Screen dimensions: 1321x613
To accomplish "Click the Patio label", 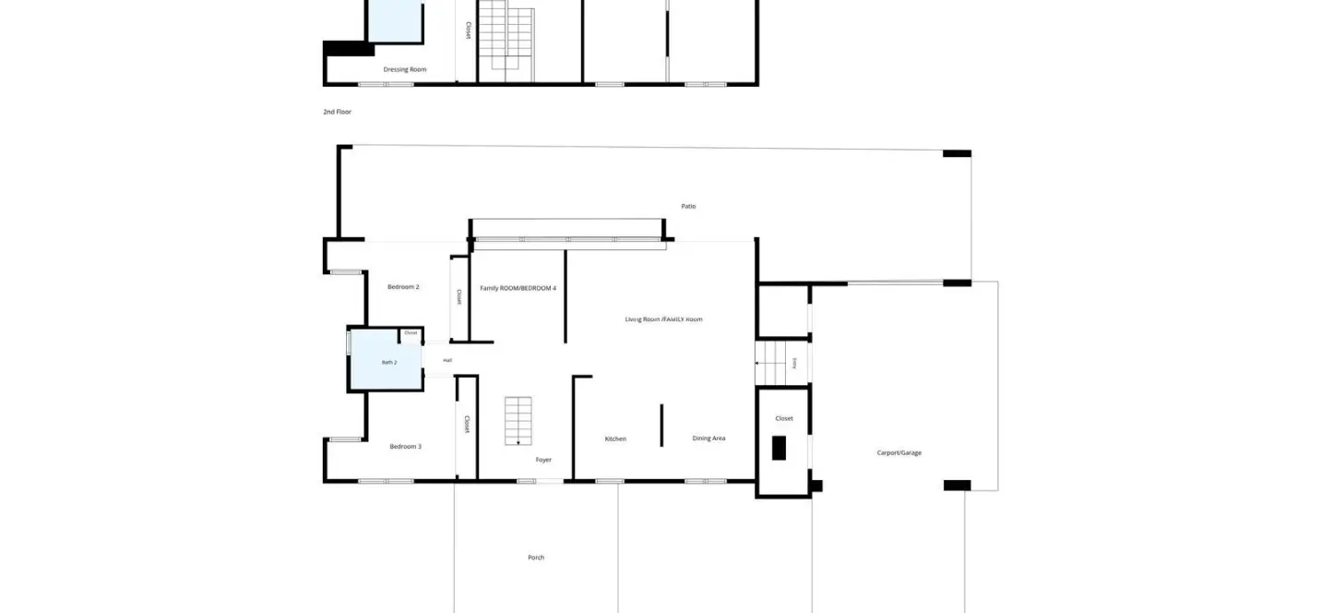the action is pyautogui.click(x=688, y=207).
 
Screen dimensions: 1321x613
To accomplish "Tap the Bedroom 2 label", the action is pyautogui.click(x=403, y=287).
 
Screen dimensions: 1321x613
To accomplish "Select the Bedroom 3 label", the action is pyautogui.click(x=406, y=447).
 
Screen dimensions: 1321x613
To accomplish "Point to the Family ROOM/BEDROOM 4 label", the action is pyautogui.click(x=518, y=289).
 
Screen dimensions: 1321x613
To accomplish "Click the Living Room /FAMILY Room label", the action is pyautogui.click(x=663, y=319).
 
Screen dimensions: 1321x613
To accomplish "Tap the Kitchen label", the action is pyautogui.click(x=615, y=439).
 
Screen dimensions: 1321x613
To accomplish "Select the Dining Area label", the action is pyautogui.click(x=708, y=439).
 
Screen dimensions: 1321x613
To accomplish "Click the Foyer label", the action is pyautogui.click(x=543, y=460).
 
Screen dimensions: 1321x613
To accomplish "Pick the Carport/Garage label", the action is pyautogui.click(x=899, y=453).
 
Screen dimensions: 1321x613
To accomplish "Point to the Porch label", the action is pyautogui.click(x=536, y=558).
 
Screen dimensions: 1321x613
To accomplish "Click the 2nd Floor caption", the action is pyautogui.click(x=338, y=112).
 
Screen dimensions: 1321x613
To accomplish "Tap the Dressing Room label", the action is pyautogui.click(x=405, y=69).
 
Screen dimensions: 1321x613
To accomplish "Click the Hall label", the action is pyautogui.click(x=447, y=360).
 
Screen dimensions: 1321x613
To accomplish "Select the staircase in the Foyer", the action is pyautogui.click(x=518, y=421).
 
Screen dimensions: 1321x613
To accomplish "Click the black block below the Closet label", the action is pyautogui.click(x=779, y=448).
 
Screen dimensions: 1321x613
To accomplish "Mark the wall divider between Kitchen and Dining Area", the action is pyautogui.click(x=661, y=425).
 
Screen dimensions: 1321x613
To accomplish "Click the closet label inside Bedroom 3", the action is pyautogui.click(x=467, y=424).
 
